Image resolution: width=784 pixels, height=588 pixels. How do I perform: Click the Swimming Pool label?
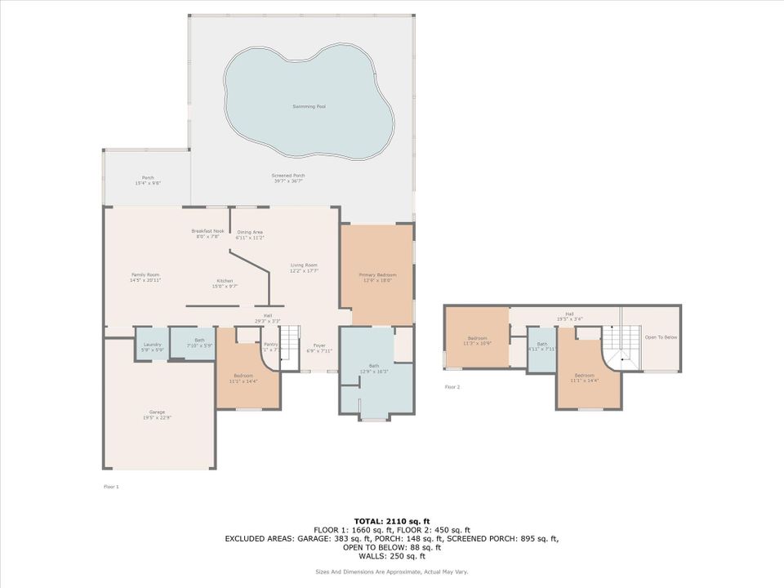tap(309, 107)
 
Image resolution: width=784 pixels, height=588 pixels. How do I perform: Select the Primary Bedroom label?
tap(376, 275)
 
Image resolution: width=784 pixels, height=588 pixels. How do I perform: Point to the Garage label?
tap(158, 415)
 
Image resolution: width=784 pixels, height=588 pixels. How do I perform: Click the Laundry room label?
tap(153, 344)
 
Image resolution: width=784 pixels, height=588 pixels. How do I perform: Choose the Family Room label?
tap(145, 275)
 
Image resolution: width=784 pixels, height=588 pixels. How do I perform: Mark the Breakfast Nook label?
tap(207, 231)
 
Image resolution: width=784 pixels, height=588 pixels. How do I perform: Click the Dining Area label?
tap(250, 233)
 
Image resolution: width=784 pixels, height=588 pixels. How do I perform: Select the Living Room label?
tap(304, 265)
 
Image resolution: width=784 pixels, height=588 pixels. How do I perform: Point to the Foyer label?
tap(319, 345)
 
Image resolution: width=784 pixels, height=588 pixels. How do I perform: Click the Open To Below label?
tap(661, 337)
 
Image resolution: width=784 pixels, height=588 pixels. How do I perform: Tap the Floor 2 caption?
tap(452, 386)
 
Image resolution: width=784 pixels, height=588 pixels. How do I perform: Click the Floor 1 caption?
tap(111, 487)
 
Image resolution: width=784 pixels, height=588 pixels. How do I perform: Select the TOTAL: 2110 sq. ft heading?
tap(392, 520)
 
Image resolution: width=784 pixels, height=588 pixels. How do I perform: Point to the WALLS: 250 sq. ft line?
tap(392, 556)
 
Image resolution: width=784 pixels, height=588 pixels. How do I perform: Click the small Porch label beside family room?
tap(148, 177)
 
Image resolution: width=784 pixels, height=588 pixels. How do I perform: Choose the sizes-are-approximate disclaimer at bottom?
tap(392, 571)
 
